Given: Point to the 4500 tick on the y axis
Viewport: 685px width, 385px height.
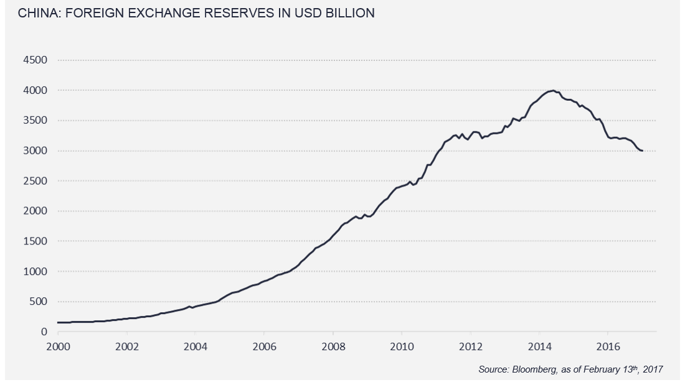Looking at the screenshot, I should (35, 60).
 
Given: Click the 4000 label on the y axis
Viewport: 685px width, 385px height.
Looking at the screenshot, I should (35, 91).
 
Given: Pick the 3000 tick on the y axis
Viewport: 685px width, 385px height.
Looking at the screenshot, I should (35, 151).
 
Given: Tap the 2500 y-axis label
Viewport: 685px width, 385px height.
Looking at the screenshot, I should (35, 181).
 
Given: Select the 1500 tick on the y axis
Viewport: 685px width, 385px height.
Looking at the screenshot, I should (35, 241).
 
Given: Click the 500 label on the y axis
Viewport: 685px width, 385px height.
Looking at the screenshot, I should (38, 302).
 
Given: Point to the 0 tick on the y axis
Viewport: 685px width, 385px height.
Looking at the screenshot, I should (44, 332).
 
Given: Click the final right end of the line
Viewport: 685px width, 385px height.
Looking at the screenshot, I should (643, 151).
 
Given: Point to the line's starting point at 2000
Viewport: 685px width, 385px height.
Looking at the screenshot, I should (58, 322).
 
